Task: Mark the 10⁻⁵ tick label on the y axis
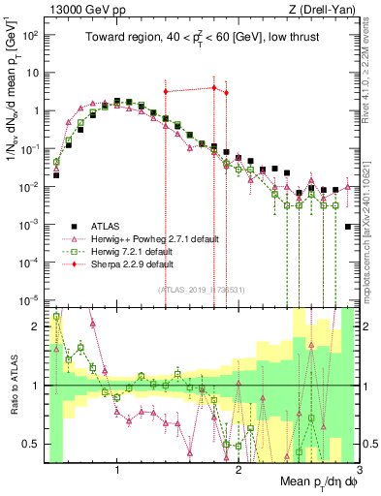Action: pos(31,299)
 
